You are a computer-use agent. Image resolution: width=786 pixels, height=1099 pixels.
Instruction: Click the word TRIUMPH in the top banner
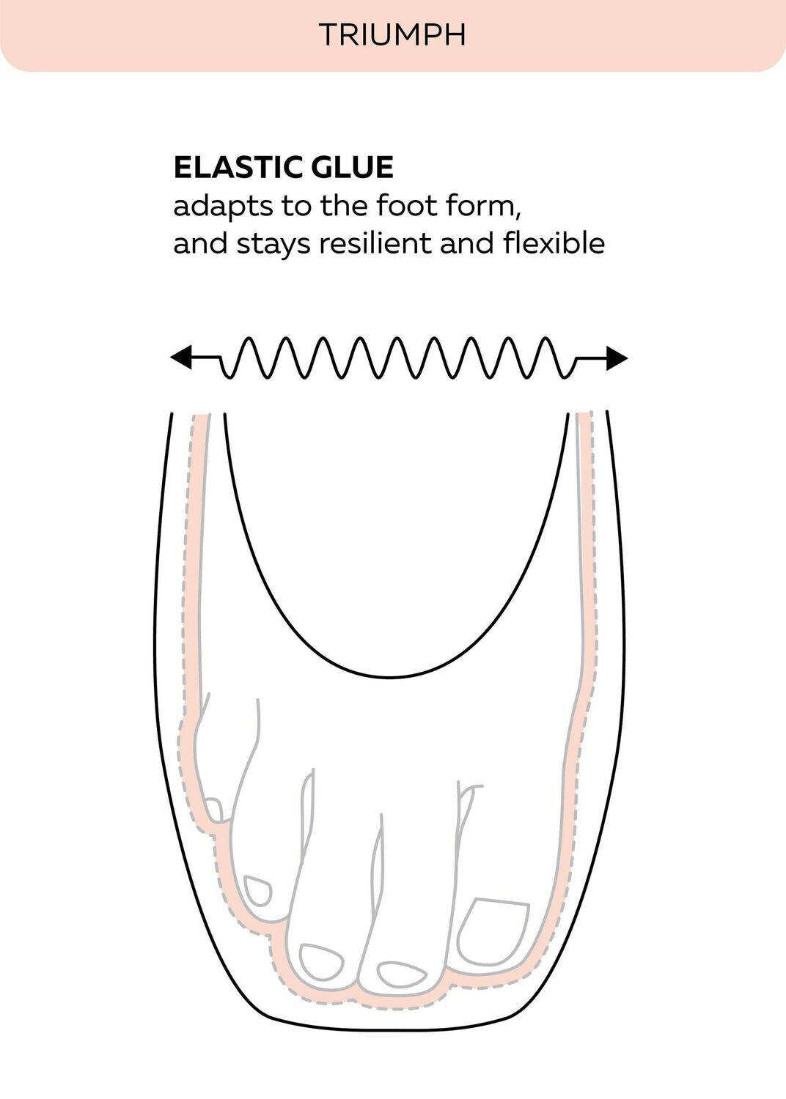tap(392, 35)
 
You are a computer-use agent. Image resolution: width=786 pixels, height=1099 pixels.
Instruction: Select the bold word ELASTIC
tap(238, 167)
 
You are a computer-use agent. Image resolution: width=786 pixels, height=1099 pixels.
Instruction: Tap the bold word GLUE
tap(352, 167)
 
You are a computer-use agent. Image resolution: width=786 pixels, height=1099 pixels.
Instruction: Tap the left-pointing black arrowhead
tap(180, 358)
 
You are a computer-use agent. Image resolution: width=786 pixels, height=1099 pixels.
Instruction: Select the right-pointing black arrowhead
tap(617, 358)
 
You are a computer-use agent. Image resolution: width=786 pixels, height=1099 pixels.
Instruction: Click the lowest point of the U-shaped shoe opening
tap(390, 678)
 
